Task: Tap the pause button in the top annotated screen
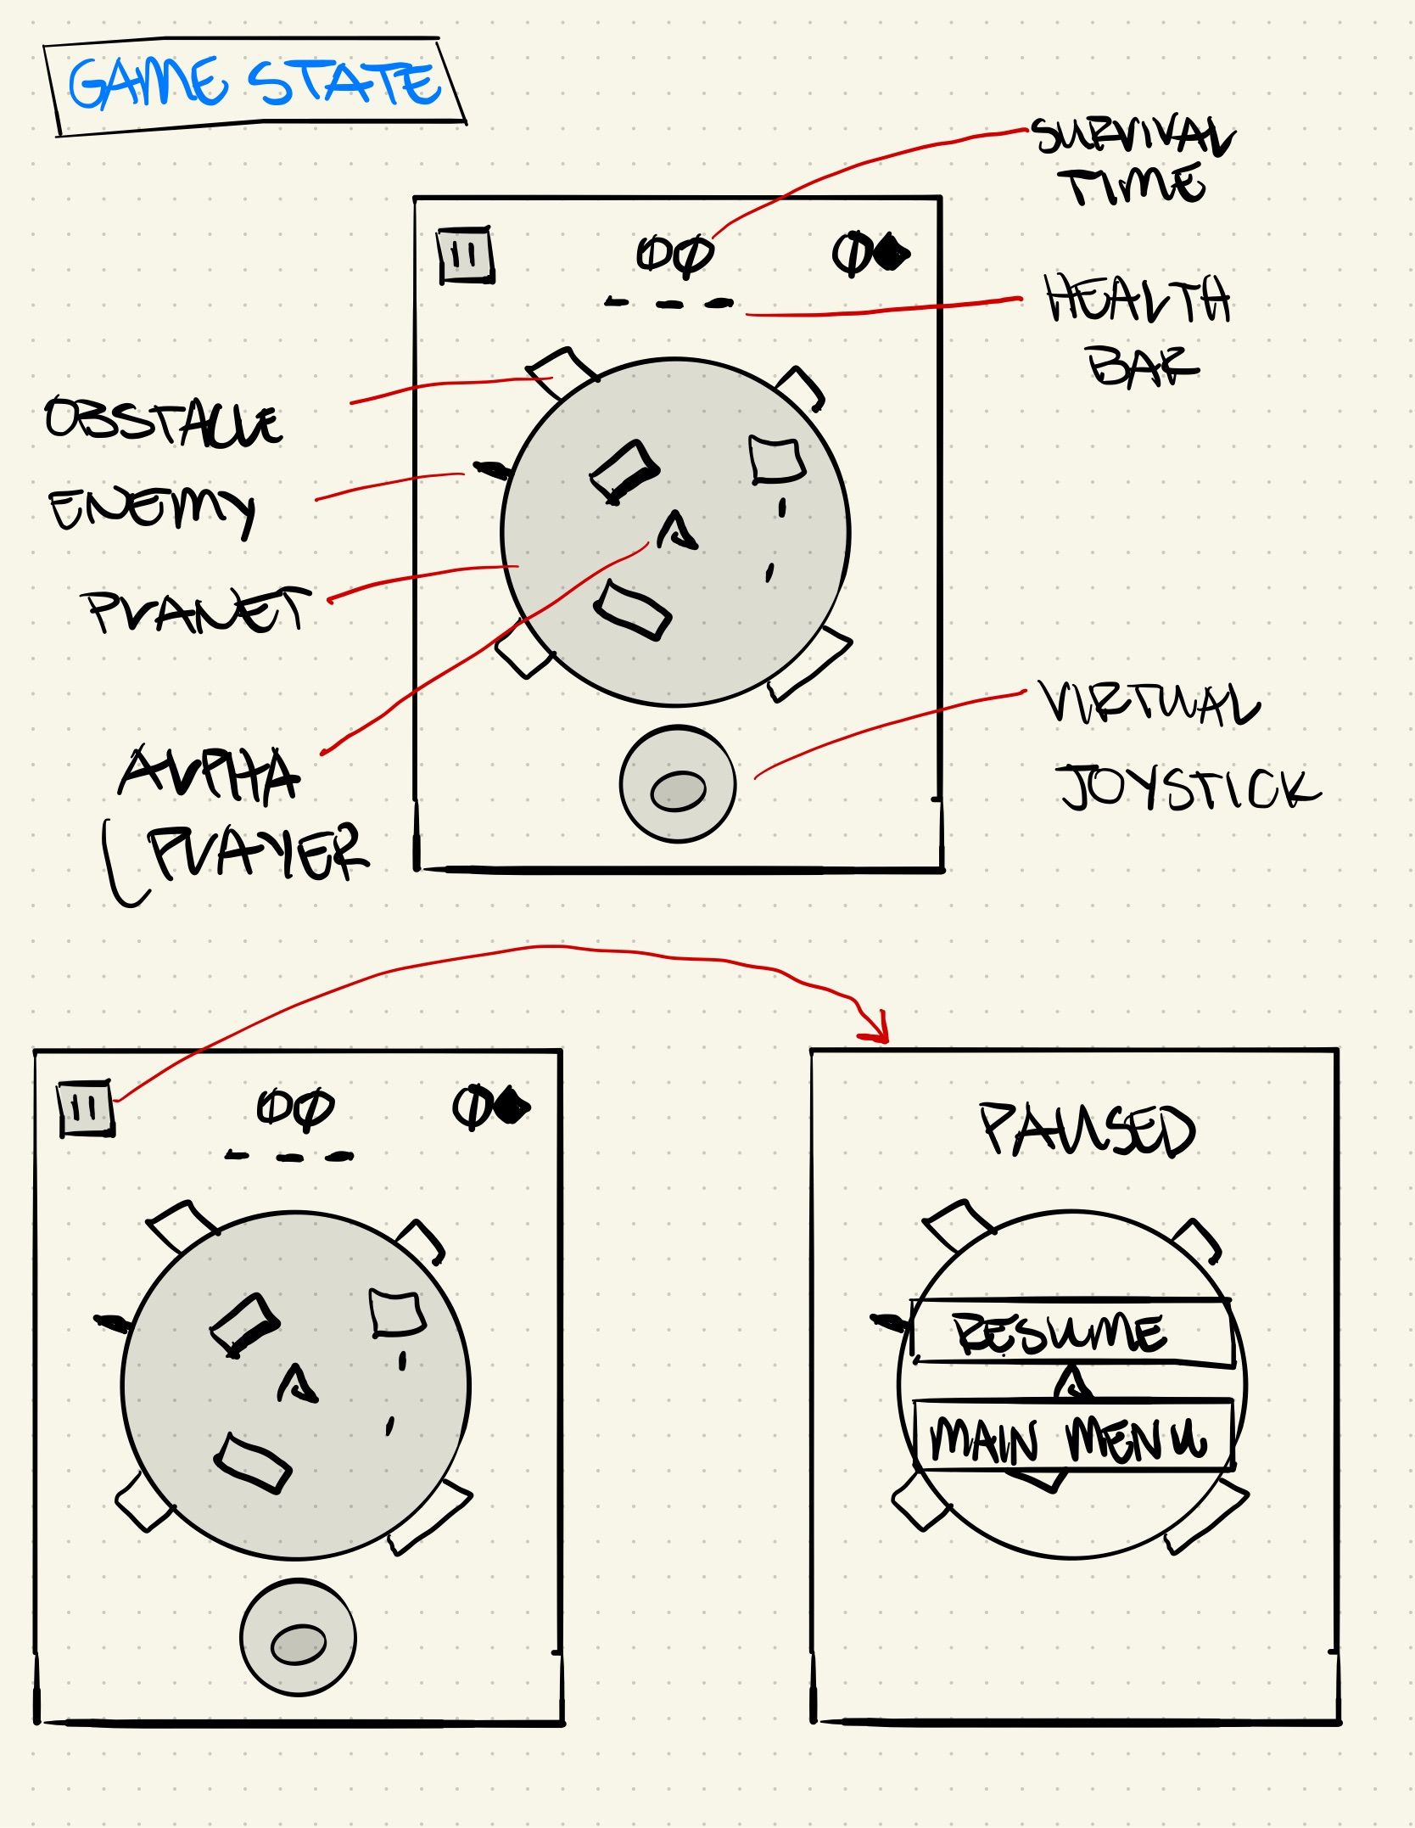point(465,255)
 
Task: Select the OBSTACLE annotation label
point(163,421)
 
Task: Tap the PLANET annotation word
point(197,609)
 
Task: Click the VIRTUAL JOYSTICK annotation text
point(1179,747)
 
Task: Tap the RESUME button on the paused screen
point(1071,1332)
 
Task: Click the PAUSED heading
point(1088,1130)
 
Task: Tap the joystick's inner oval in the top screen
point(678,792)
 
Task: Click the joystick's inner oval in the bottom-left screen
point(298,1645)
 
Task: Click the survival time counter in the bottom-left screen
point(295,1108)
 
